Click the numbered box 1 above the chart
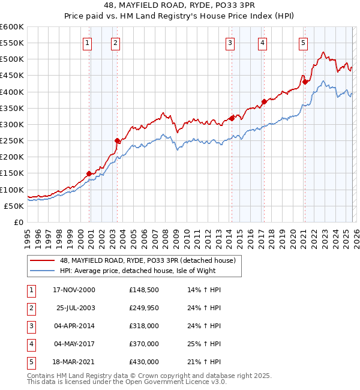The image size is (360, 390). (x=88, y=43)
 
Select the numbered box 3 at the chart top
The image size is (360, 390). (x=230, y=43)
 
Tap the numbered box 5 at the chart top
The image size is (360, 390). (x=303, y=43)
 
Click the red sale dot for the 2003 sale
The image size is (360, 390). (x=118, y=140)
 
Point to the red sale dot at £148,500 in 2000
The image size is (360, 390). (x=89, y=173)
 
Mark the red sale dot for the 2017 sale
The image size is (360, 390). (x=264, y=101)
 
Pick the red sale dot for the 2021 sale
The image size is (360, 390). (x=305, y=82)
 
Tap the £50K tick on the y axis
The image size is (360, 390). (x=14, y=206)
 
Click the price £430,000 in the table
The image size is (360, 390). (x=143, y=362)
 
